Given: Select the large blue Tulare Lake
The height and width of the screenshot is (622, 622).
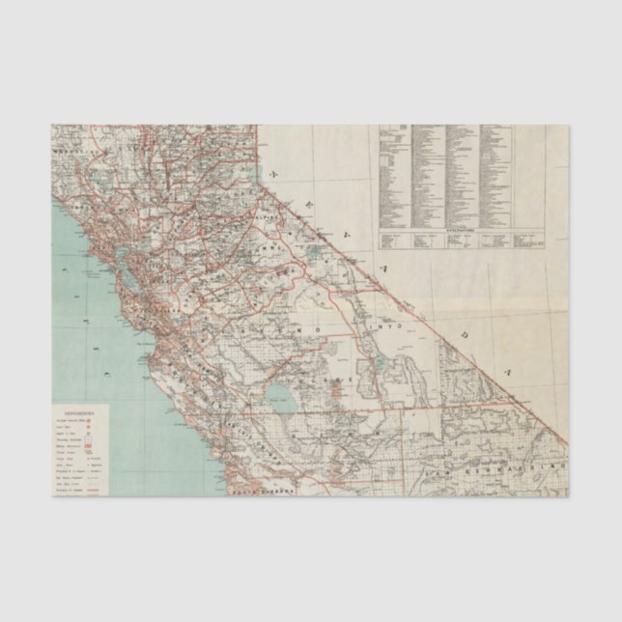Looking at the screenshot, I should click(x=282, y=395).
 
